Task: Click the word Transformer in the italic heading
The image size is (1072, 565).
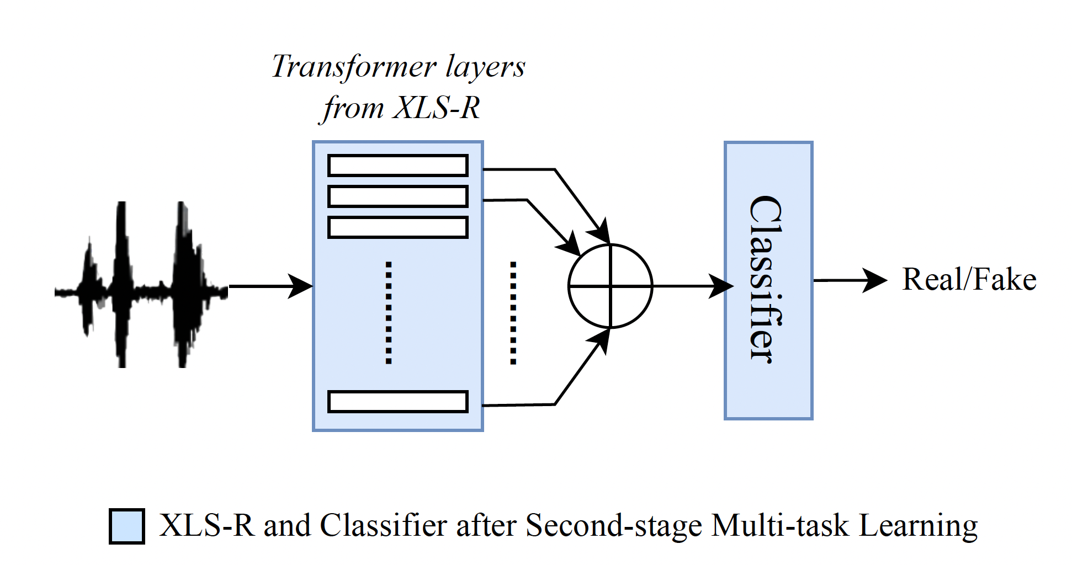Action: point(354,67)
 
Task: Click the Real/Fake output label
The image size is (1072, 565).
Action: point(969,279)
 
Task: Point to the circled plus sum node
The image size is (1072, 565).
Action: point(611,286)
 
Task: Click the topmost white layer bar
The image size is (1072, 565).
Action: point(397,166)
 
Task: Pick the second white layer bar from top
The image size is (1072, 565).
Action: point(397,196)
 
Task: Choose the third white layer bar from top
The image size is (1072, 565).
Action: point(397,227)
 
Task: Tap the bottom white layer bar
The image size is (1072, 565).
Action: point(397,402)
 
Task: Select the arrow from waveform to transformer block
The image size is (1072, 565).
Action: point(270,286)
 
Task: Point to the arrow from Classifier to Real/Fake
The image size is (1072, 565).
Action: point(850,280)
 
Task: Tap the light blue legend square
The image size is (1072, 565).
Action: point(127,526)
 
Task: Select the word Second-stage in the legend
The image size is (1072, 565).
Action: point(614,525)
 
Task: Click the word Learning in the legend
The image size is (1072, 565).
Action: point(919,526)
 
